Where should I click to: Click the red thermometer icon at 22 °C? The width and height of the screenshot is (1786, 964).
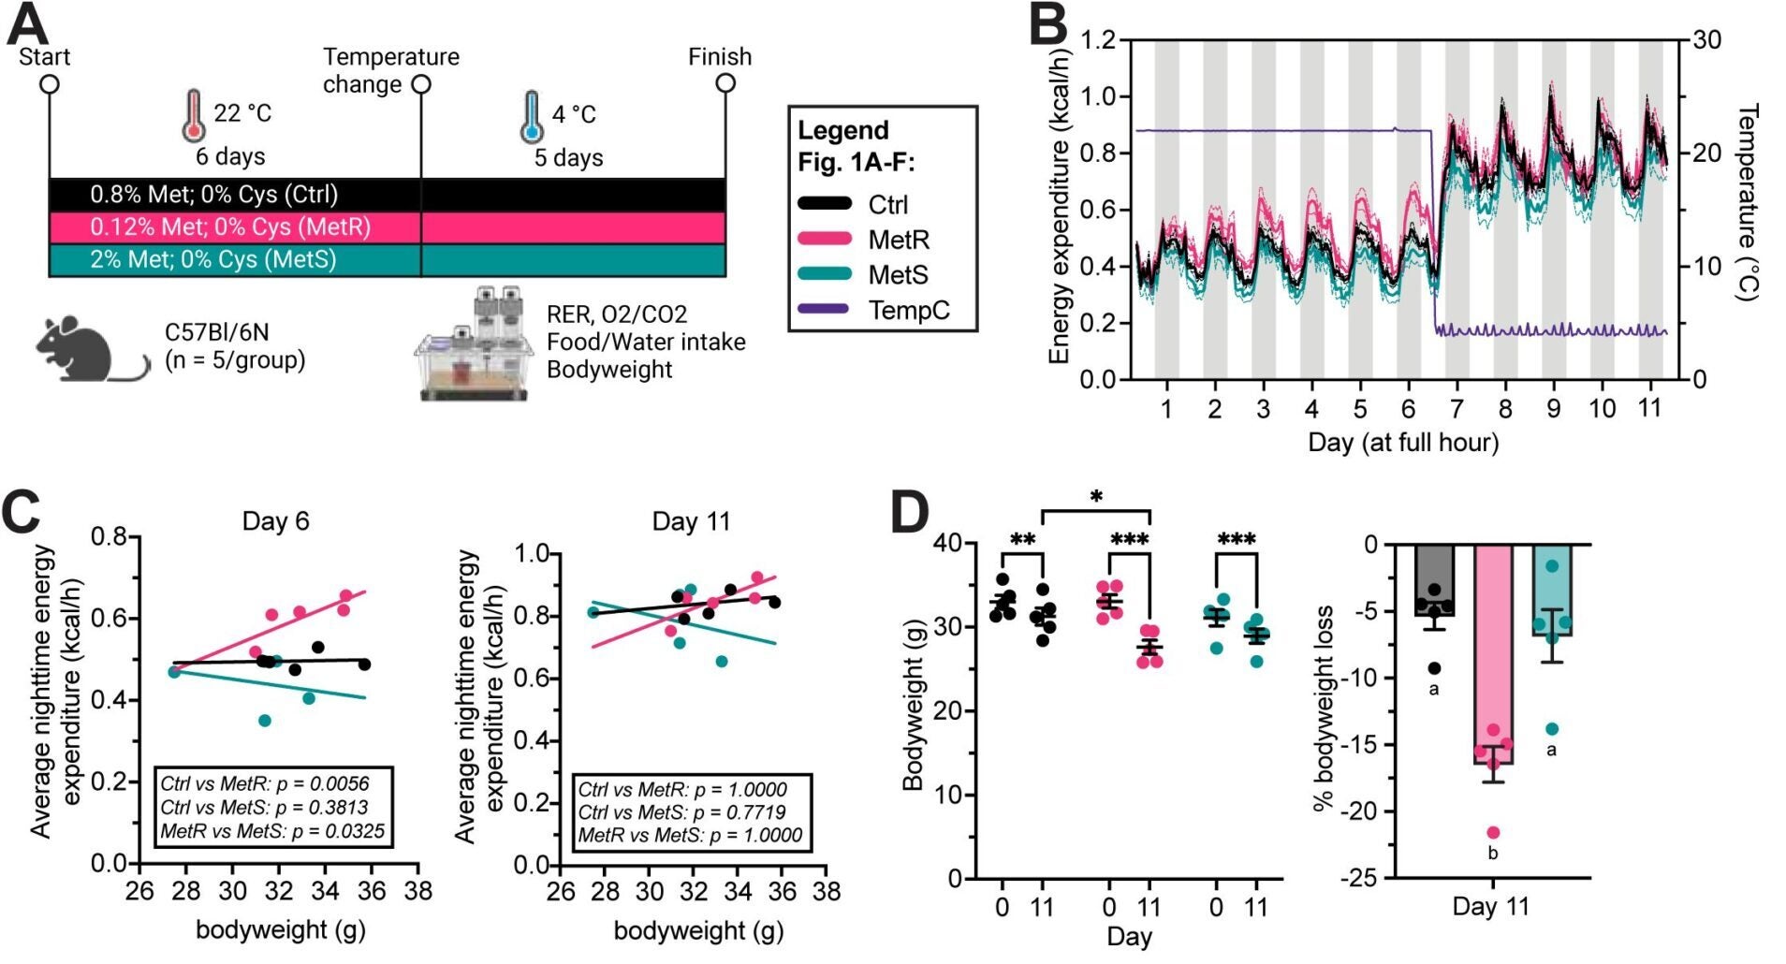(x=193, y=115)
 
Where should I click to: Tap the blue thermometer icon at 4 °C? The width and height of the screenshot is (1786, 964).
(x=531, y=116)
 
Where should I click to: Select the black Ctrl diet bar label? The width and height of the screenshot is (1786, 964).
(x=213, y=195)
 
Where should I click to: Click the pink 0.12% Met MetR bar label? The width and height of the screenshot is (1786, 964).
(x=229, y=227)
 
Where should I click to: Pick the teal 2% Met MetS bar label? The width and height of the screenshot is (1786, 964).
(x=212, y=259)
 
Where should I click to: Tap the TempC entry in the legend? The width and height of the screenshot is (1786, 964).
(x=907, y=310)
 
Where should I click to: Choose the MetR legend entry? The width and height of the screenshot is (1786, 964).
(x=898, y=240)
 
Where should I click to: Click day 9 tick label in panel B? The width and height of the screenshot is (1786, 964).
(x=1553, y=409)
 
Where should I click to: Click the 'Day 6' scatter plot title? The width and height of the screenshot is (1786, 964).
(x=275, y=521)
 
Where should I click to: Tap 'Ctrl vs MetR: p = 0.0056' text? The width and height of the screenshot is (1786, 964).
(x=265, y=783)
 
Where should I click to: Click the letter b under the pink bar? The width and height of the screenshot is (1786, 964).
(x=1493, y=854)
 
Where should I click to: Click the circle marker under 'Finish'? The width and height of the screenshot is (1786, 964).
(x=725, y=84)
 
